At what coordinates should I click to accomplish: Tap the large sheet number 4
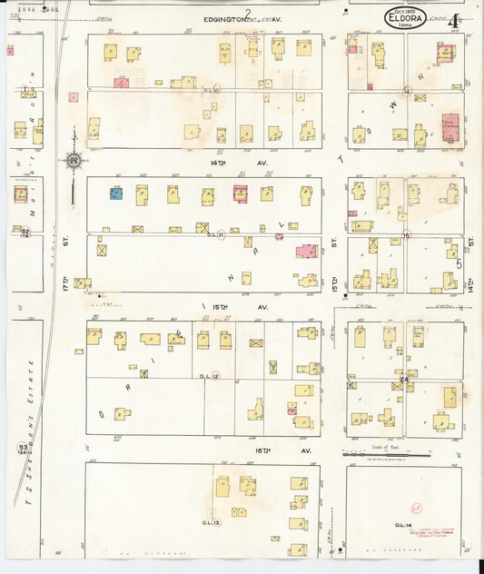(x=452, y=18)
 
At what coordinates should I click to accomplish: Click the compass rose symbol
(x=73, y=162)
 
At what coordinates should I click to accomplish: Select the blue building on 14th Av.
(x=116, y=193)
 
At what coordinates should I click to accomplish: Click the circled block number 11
(x=220, y=235)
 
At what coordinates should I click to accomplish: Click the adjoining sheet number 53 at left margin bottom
(x=22, y=447)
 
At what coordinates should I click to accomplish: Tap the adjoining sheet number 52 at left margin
(x=25, y=232)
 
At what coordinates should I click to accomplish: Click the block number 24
(x=404, y=379)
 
